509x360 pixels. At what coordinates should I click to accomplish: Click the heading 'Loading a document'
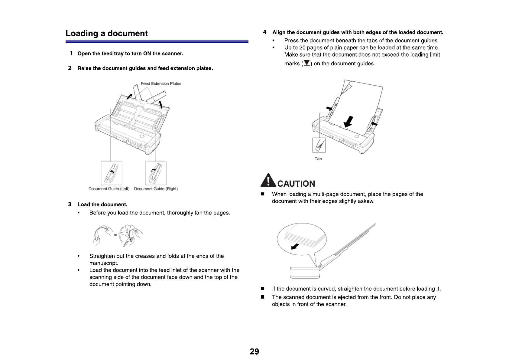click(106, 33)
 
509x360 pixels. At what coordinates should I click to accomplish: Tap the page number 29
click(254, 352)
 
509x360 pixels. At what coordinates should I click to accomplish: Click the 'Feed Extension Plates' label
click(161, 84)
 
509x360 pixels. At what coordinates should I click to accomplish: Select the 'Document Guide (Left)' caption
click(109, 189)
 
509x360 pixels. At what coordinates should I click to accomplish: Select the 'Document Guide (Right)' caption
click(156, 189)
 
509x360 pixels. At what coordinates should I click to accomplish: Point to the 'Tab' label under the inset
click(318, 159)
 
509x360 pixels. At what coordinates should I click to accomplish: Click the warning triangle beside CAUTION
click(268, 181)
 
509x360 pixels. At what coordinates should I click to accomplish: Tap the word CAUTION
click(296, 184)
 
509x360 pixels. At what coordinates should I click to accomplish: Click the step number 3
click(70, 205)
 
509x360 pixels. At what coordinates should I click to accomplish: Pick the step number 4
click(265, 32)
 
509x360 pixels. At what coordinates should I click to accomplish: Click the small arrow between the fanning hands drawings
click(115, 235)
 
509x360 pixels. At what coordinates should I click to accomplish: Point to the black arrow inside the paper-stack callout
click(295, 247)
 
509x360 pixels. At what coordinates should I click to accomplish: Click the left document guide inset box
click(112, 173)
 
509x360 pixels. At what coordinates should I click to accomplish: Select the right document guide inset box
click(156, 173)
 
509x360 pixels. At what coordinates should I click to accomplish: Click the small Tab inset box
click(319, 145)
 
